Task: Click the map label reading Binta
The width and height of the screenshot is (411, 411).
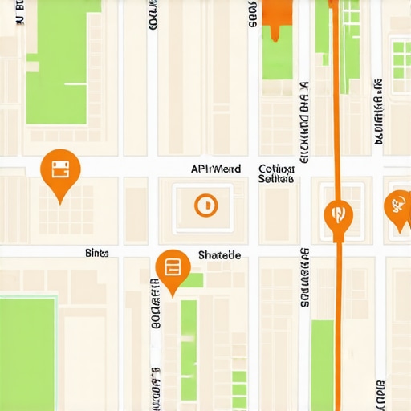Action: click(x=96, y=252)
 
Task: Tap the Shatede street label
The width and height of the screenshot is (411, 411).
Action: click(x=218, y=254)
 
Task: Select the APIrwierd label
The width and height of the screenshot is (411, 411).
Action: click(x=215, y=169)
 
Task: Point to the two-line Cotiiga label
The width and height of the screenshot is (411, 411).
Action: click(x=277, y=174)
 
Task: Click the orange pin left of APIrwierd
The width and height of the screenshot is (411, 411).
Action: click(x=60, y=171)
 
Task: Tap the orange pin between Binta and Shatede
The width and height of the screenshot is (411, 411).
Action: click(x=173, y=269)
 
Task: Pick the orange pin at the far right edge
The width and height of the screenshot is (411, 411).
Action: click(x=397, y=207)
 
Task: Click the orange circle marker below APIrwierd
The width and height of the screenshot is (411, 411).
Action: click(x=206, y=205)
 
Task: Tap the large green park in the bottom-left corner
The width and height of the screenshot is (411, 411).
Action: click(x=28, y=353)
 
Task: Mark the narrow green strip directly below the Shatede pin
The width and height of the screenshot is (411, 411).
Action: click(x=189, y=345)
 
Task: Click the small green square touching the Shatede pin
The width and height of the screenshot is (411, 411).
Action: click(x=195, y=280)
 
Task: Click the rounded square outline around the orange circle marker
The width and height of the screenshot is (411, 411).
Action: click(x=206, y=205)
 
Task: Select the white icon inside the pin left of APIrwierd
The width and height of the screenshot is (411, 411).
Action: click(x=60, y=169)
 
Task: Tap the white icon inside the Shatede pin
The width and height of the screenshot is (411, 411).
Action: click(x=173, y=266)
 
